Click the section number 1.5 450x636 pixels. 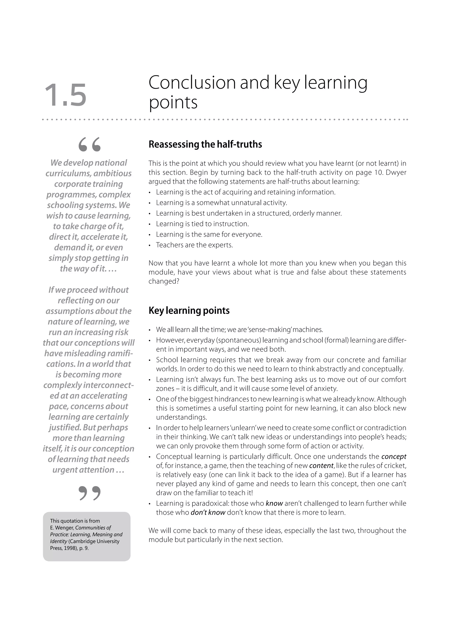tap(65, 96)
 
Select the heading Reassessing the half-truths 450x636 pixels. tap(205, 144)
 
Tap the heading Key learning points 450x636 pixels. tap(189, 311)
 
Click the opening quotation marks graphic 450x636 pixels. tap(89, 145)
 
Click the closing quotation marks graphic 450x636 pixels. tap(89, 493)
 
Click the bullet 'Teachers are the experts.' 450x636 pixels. tap(194, 245)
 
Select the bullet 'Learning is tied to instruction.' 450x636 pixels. tap(202, 224)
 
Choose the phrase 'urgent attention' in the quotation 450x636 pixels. tap(83, 470)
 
